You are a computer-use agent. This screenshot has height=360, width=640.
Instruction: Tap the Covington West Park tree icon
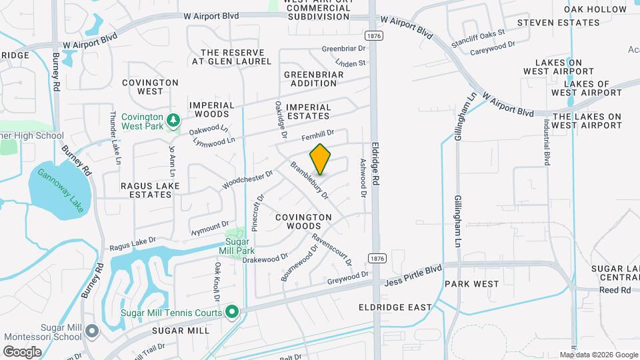pos(173,121)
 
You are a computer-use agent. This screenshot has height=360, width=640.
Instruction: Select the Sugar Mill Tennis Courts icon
pos(232,311)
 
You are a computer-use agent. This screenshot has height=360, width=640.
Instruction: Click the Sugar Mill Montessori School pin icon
pos(92,331)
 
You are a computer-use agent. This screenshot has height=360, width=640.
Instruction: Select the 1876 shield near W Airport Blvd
pos(375,35)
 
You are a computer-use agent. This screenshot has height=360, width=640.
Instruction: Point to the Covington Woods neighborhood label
pos(303,222)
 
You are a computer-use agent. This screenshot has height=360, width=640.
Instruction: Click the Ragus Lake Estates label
pos(146,190)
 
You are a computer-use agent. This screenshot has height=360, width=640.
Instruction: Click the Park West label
pos(471,284)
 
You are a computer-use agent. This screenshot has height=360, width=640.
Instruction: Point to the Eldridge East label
pos(395,307)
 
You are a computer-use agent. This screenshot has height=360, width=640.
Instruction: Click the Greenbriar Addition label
pos(313,79)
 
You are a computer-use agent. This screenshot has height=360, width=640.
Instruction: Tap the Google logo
pos(23,351)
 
